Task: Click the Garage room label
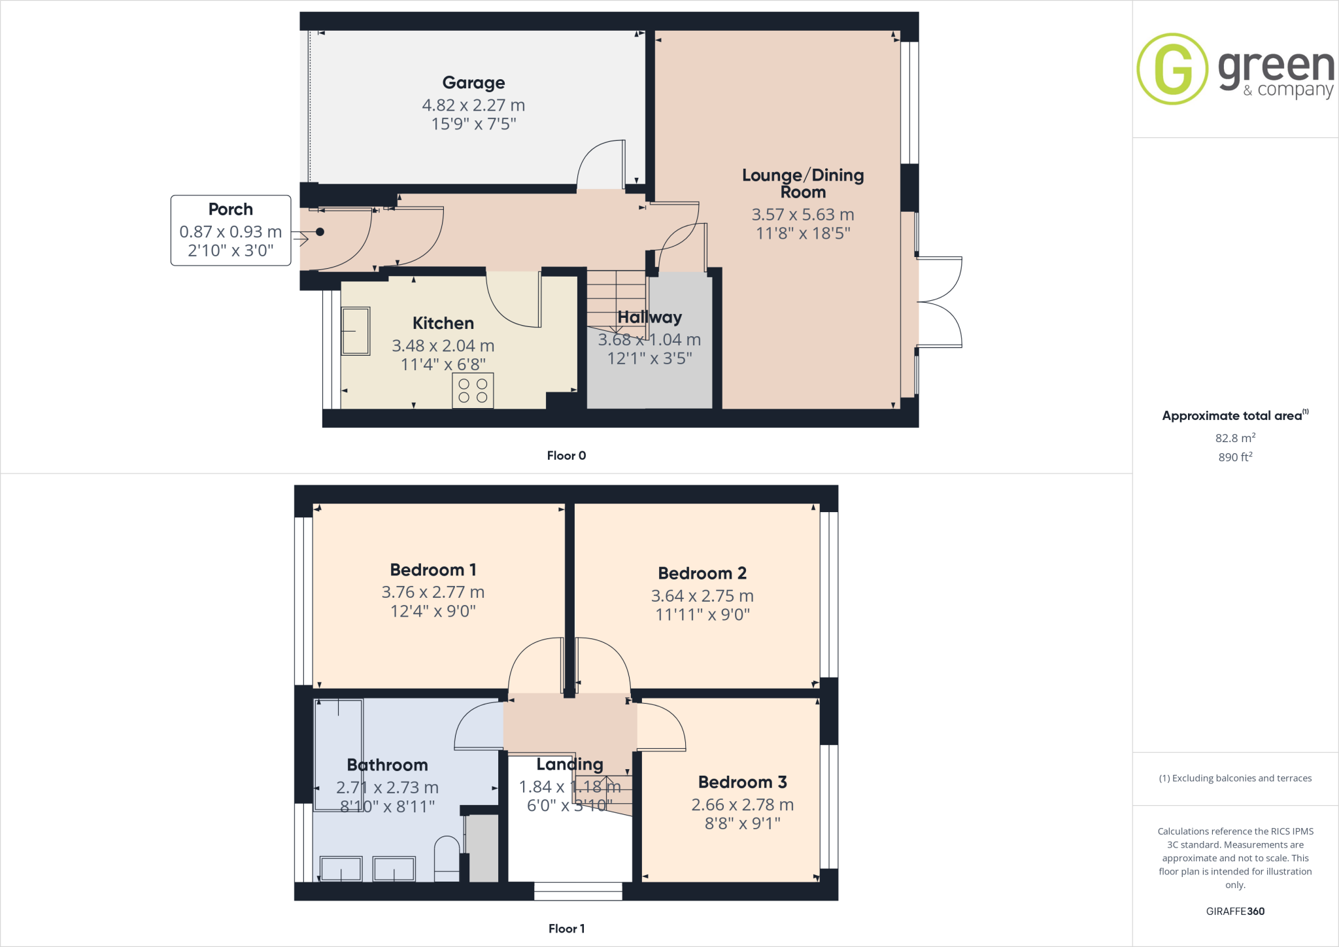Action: (x=473, y=82)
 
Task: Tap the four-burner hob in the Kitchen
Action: (x=473, y=390)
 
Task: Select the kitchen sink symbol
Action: (x=356, y=332)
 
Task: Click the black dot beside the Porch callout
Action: (x=320, y=232)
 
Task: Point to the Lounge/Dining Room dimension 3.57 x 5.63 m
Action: (x=802, y=215)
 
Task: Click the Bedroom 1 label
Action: (x=433, y=570)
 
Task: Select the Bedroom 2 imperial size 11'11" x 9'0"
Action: (x=702, y=614)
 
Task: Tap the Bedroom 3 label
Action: (x=742, y=782)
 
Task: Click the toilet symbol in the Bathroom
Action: (x=447, y=854)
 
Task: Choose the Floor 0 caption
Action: (x=566, y=456)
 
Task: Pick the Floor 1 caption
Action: (x=566, y=929)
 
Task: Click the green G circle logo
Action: (x=1172, y=69)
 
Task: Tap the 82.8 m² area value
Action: (x=1234, y=438)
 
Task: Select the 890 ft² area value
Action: (x=1234, y=457)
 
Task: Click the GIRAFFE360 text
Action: (x=1235, y=911)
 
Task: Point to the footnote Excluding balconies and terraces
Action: (x=1235, y=778)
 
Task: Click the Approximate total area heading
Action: (x=1232, y=416)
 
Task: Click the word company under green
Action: (x=1295, y=90)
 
